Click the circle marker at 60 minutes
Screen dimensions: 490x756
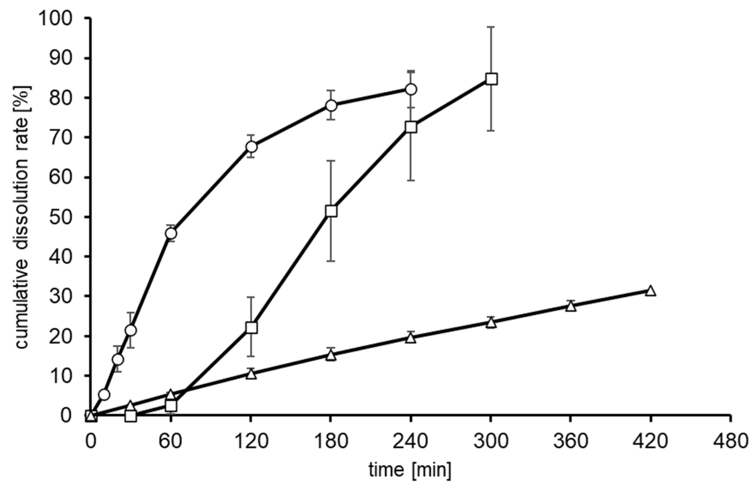(171, 233)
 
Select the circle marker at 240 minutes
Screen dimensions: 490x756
(411, 89)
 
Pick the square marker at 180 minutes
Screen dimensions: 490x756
(331, 211)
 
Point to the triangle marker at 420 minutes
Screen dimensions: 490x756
(651, 291)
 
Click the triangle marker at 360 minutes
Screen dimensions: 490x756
(571, 306)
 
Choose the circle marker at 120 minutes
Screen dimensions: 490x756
(251, 147)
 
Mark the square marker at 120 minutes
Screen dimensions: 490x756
(251, 327)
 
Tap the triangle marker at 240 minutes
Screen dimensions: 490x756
(411, 338)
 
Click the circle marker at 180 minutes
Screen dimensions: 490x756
(331, 105)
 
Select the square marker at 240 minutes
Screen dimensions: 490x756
(411, 127)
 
